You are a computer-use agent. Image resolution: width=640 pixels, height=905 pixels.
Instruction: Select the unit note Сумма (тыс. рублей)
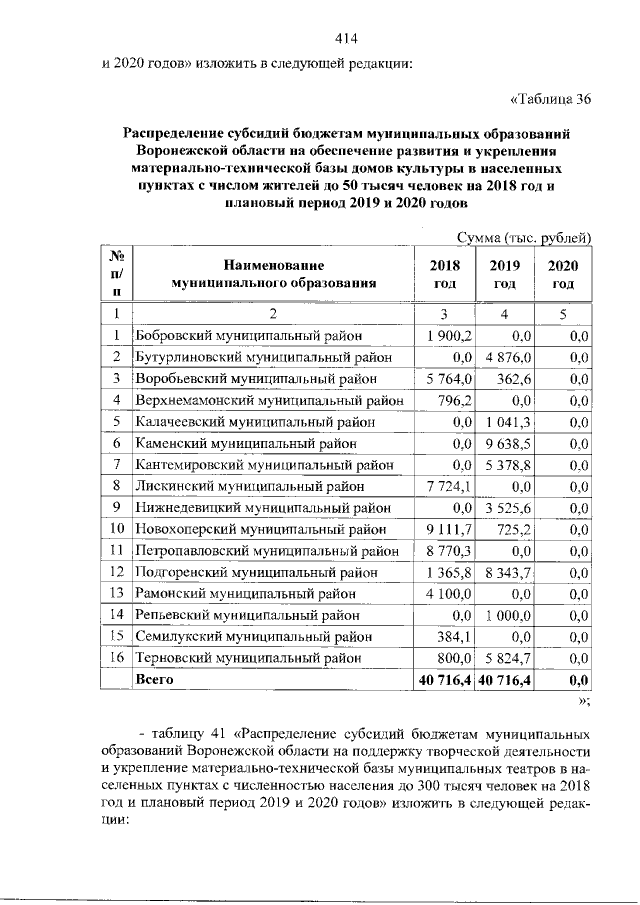tap(524, 237)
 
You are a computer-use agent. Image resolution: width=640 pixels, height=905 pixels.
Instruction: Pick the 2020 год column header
tap(563, 274)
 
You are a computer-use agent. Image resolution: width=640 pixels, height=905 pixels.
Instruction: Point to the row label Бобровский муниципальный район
tap(248, 335)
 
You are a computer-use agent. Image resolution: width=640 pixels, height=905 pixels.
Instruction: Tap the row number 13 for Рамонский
tap(117, 594)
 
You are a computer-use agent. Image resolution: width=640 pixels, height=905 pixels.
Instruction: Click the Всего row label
tap(155, 679)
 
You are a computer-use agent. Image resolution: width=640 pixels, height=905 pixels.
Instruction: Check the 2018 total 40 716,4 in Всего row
tap(445, 680)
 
